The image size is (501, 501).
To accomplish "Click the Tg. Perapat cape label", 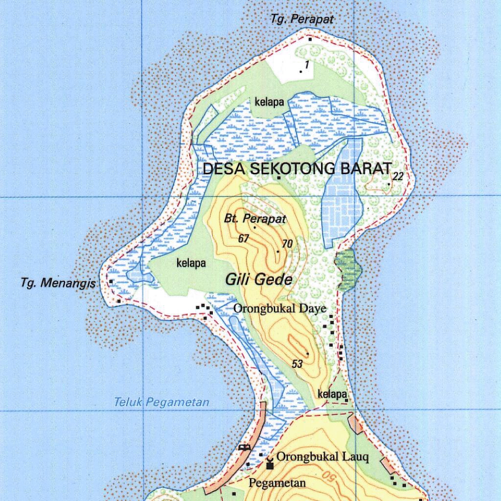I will [x=302, y=19].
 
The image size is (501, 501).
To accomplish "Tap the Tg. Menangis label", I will [x=58, y=283].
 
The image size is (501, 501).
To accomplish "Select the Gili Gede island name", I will [x=259, y=279].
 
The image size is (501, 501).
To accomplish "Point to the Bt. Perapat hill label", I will [x=255, y=219].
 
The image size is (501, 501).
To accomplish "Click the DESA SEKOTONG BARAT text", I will [x=297, y=169].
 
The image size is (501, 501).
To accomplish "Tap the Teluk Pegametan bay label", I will [x=161, y=403].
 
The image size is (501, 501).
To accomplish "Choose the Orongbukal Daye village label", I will [x=279, y=309].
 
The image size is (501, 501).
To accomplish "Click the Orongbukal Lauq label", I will [x=322, y=457].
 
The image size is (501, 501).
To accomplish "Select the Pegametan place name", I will [x=277, y=483].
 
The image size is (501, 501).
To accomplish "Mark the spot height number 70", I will [x=287, y=244].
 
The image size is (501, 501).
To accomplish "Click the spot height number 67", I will [x=244, y=239].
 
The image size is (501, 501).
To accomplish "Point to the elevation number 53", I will [x=297, y=364].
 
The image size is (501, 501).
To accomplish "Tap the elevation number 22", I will [x=398, y=176].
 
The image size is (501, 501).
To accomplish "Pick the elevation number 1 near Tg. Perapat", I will [x=307, y=65].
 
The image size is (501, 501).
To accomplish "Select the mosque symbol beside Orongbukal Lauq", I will [x=270, y=463].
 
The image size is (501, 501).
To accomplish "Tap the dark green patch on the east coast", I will [x=348, y=269].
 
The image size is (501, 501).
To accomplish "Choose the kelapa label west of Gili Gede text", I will [x=191, y=263].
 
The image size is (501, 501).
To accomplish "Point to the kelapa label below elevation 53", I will [x=332, y=394].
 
